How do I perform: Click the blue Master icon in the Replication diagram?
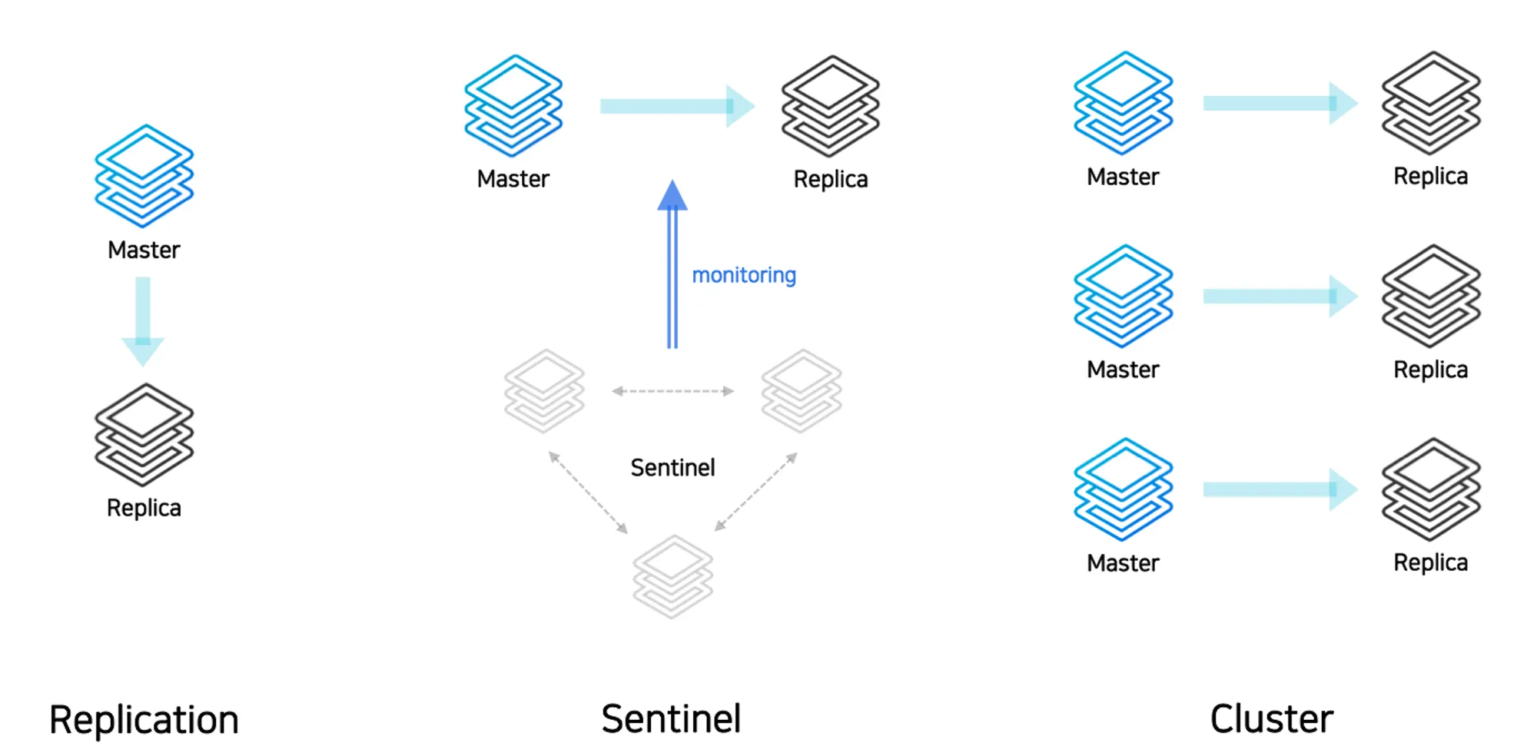pos(144,176)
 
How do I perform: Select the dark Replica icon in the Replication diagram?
pos(144,435)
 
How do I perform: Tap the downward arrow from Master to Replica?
pos(143,320)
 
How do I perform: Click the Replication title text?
pos(144,720)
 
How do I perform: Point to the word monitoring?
pos(744,275)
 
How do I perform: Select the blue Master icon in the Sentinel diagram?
pos(513,105)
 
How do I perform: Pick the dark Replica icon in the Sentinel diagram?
pos(830,106)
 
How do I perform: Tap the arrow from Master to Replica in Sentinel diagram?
pos(676,106)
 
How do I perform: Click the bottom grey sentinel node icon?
pos(672,576)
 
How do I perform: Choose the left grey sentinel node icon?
pos(544,391)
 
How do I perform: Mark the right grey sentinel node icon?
pos(802,391)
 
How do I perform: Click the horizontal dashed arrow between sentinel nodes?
pos(672,391)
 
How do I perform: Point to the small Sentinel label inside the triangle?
pos(672,467)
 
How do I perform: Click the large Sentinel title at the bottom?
pos(671,719)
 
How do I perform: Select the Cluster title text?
pos(1271,719)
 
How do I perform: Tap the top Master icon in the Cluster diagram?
pos(1123,102)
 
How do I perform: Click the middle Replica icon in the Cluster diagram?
pos(1431,296)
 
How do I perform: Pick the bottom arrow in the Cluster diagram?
pos(1280,489)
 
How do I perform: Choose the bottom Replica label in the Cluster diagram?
pos(1430,562)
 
